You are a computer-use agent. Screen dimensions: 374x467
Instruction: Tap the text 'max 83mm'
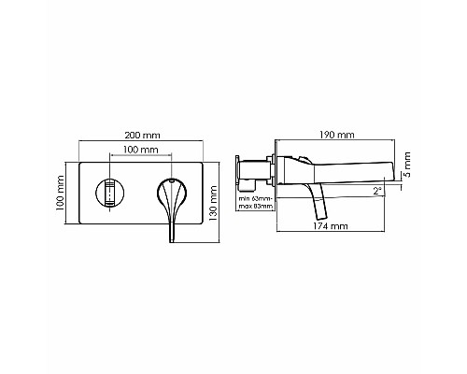click(253, 208)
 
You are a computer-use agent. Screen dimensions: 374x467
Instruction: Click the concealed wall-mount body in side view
click(253, 171)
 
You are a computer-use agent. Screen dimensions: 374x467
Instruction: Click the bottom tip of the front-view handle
click(172, 241)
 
